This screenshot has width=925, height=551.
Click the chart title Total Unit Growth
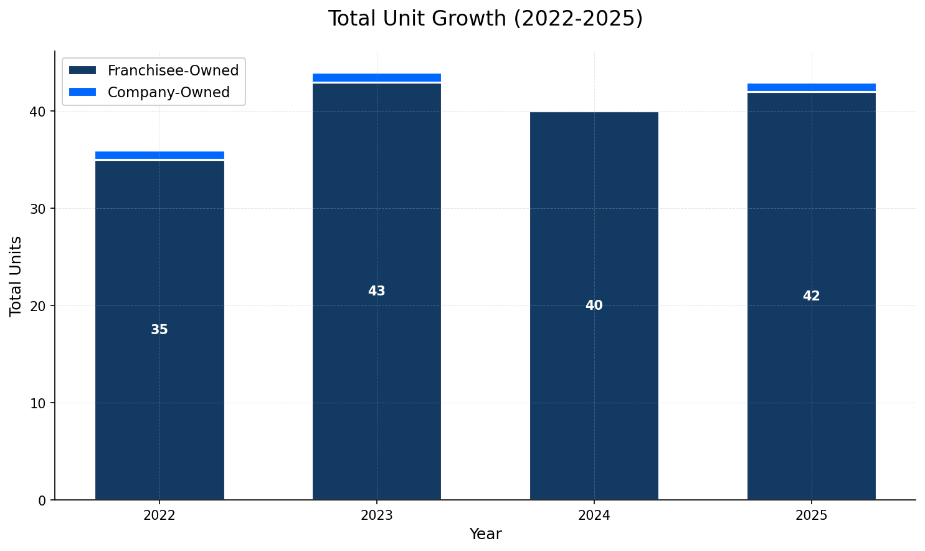point(485,19)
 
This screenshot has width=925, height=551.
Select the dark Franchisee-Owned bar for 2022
point(159,386)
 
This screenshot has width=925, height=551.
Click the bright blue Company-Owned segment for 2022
point(159,155)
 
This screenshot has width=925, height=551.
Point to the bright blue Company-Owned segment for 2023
point(376,77)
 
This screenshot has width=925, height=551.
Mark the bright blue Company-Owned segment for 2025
point(811,87)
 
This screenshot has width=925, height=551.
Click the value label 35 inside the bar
point(159,330)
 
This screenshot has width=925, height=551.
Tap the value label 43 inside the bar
point(376,291)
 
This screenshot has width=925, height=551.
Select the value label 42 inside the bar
point(811,296)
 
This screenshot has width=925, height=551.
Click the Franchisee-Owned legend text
point(173,70)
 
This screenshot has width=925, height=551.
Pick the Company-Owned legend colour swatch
point(82,92)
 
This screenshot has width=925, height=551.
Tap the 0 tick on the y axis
point(42,501)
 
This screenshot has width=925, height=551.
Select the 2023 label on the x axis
point(376,515)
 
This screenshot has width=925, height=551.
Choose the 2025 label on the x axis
point(811,515)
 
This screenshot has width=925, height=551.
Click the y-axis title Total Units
point(16,276)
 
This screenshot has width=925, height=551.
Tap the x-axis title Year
point(485,534)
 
